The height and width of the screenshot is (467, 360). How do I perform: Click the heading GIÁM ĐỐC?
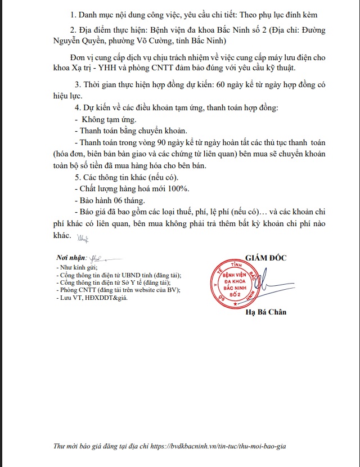pyautogui.click(x=265, y=258)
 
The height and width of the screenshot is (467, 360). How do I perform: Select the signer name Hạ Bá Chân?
pyautogui.click(x=265, y=312)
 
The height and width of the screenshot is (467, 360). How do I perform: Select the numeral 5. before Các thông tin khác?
pyautogui.click(x=78, y=177)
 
